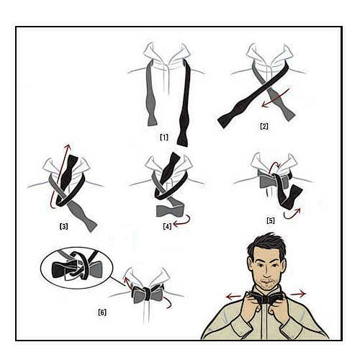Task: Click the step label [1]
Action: [164, 138]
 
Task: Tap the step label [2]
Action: [264, 126]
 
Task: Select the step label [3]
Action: [63, 226]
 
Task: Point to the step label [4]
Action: [167, 226]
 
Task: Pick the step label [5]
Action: [271, 220]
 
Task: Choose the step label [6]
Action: [102, 312]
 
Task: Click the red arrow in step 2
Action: [276, 98]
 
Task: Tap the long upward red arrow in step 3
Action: [60, 174]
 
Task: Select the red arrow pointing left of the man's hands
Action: [234, 297]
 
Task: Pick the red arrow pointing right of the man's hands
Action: [298, 294]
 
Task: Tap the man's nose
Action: [266, 272]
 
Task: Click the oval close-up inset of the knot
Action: [77, 268]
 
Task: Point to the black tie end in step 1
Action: [184, 103]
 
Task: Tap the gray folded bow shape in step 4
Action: [170, 210]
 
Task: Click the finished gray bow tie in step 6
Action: [148, 293]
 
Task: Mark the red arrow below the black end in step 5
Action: [292, 214]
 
